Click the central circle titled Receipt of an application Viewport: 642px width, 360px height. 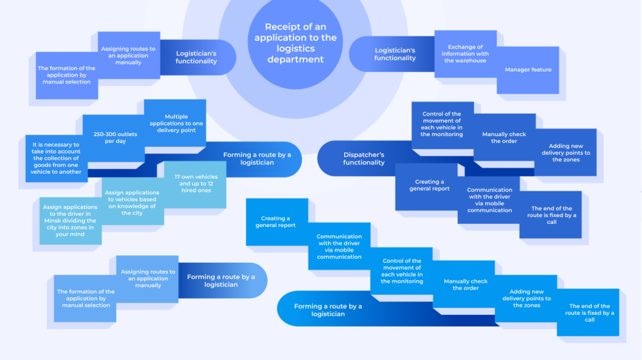pos(295,43)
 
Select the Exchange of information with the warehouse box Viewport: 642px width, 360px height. pos(465,54)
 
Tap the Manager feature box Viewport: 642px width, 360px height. pos(528,70)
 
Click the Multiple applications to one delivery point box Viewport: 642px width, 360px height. pos(176,123)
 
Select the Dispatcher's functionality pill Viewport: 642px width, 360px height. pos(364,159)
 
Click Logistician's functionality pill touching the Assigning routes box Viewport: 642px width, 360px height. pos(196,58)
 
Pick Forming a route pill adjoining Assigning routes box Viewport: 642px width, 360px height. pos(221,280)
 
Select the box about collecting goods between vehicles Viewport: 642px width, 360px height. pos(56,158)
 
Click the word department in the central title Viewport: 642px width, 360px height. pos(295,60)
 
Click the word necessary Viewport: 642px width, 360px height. pos(61,144)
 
